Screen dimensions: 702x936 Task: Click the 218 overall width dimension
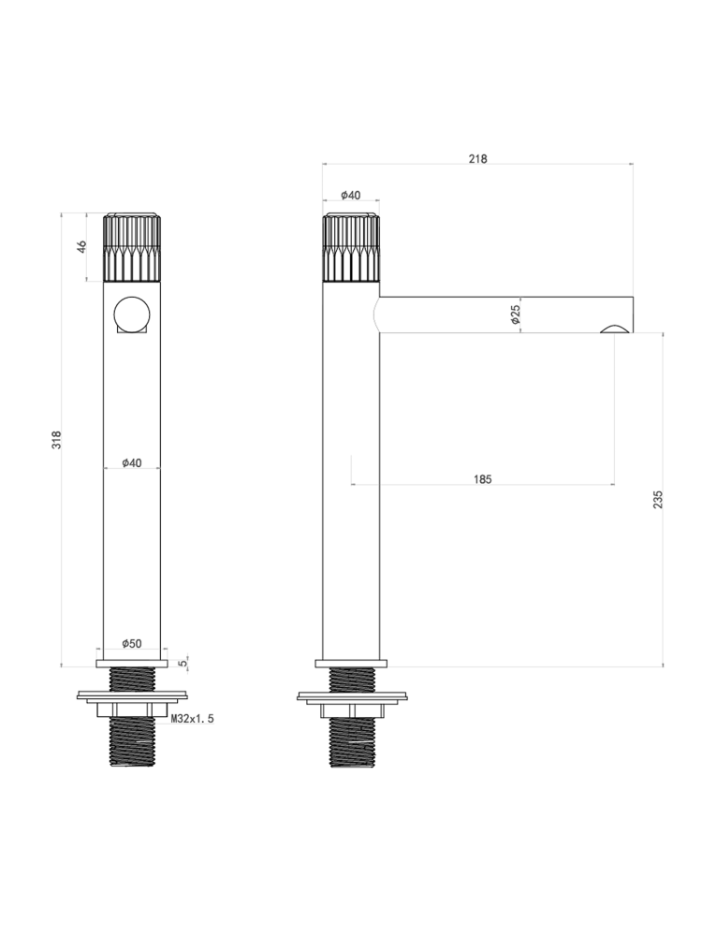(477, 159)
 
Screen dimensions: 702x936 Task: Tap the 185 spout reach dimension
(482, 478)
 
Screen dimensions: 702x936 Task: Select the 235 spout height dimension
(658, 499)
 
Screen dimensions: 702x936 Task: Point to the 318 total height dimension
(56, 439)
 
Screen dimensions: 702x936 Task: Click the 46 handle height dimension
(82, 246)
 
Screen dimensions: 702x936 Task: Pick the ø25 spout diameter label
(517, 314)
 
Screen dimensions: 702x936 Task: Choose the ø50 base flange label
(132, 644)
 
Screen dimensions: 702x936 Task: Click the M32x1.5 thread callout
(192, 719)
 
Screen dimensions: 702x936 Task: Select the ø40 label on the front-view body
(132, 462)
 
